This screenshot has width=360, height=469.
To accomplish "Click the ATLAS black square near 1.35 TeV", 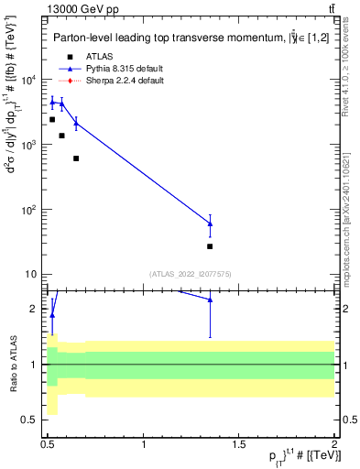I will (x=210, y=246).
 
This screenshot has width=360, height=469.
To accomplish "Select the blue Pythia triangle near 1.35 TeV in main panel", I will (x=210, y=224).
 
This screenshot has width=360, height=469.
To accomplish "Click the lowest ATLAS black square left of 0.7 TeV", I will (x=76, y=158).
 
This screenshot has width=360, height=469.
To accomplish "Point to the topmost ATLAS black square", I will (x=52, y=119).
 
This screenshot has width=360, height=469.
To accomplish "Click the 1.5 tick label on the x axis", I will (x=239, y=442).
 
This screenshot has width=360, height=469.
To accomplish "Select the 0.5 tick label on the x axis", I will (x=49, y=442).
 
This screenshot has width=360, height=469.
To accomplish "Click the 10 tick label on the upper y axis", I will (x=29, y=274).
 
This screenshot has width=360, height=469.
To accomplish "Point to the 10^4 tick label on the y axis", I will (x=29, y=80).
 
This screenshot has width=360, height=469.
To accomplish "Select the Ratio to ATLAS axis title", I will (x=11, y=365).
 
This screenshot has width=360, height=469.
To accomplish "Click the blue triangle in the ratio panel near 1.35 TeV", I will (x=210, y=300).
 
